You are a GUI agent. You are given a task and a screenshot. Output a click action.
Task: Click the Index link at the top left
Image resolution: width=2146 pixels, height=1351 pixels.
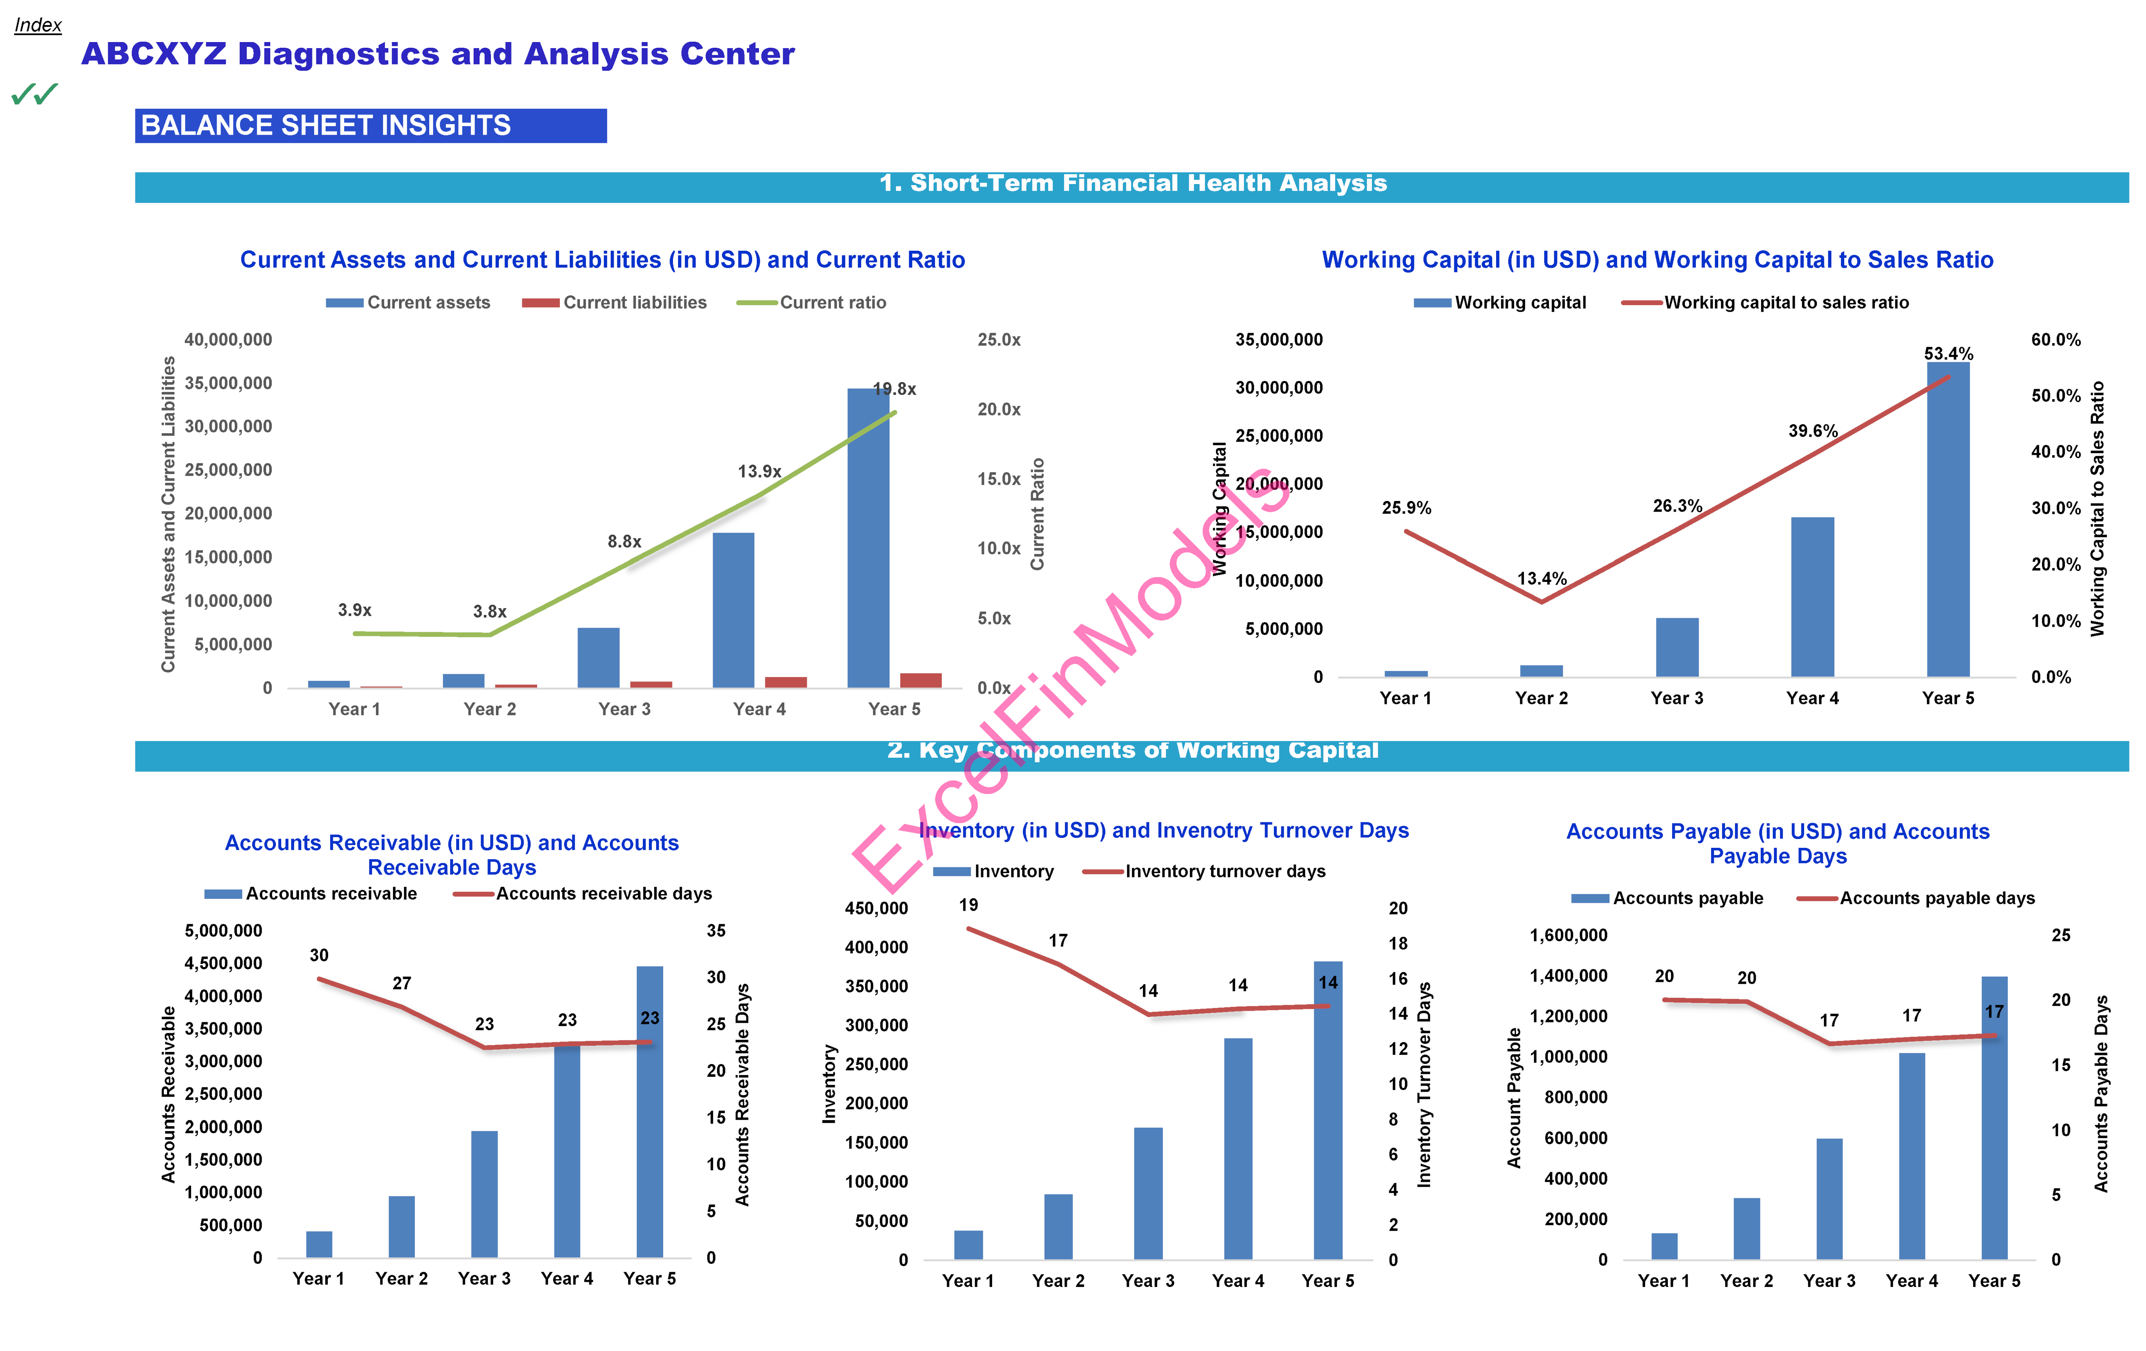click(x=37, y=25)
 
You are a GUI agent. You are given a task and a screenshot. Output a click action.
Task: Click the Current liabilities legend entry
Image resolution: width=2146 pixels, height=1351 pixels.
click(x=615, y=303)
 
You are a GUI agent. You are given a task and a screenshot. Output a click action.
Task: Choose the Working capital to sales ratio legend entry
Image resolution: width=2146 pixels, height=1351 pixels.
click(x=1766, y=303)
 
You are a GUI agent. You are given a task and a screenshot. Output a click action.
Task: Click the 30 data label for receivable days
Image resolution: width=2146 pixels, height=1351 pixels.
click(x=319, y=955)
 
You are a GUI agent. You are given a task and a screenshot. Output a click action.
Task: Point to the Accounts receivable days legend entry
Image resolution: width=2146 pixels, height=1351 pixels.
click(x=584, y=894)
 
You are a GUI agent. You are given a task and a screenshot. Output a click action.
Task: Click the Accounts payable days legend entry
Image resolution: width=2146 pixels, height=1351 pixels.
click(x=1916, y=898)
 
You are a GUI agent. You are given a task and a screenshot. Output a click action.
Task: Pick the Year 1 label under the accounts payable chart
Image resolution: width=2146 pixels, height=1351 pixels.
click(x=1663, y=1280)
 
